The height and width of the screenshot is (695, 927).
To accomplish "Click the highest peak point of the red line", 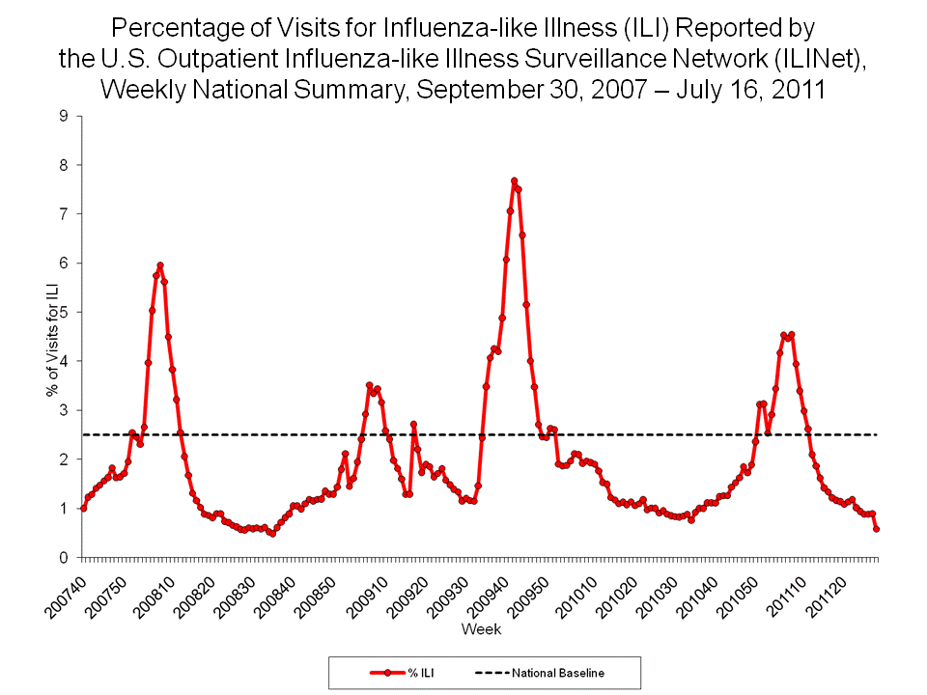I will (514, 181).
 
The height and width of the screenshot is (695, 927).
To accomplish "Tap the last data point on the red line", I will (876, 529).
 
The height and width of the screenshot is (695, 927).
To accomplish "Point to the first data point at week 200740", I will (83, 508).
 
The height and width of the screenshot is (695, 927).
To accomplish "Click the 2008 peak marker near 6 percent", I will (160, 265).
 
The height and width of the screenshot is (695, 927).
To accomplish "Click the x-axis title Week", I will (480, 629).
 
